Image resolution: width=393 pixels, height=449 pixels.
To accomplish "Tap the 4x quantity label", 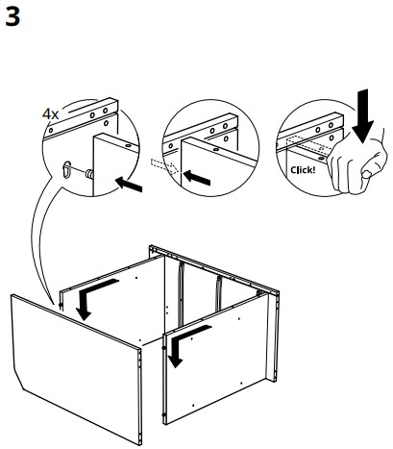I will point(50,113).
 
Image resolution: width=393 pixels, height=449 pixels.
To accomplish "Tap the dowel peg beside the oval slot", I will point(85,174).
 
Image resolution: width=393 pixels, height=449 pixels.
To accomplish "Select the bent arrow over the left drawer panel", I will point(91,295).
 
